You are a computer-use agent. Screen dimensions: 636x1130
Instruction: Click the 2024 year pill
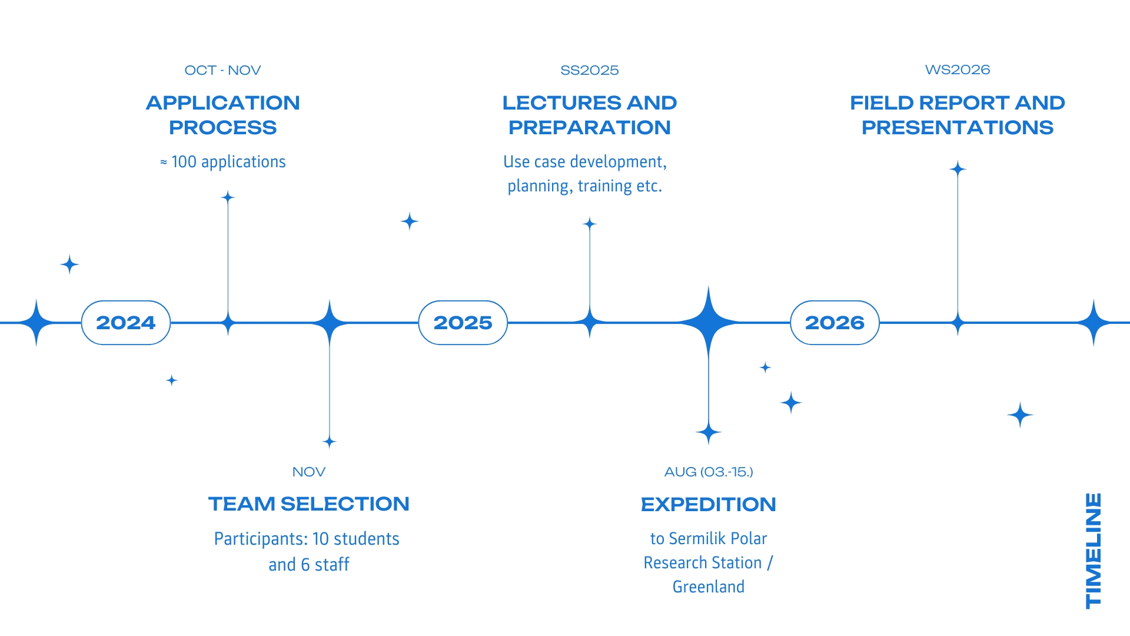(125, 323)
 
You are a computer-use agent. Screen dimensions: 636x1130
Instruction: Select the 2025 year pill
(463, 323)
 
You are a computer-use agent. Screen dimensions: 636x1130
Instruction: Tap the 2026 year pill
(835, 323)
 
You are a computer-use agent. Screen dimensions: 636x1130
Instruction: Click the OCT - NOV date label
(222, 70)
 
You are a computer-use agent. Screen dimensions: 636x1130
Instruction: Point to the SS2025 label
(589, 70)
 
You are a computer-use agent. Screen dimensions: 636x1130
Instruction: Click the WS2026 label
(958, 69)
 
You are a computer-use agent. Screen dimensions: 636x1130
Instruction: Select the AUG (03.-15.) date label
(709, 472)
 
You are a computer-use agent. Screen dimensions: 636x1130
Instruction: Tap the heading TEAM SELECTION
(308, 504)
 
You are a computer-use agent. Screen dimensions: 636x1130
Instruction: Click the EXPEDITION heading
(709, 505)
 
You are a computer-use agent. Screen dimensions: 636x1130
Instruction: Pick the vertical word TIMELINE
(1093, 550)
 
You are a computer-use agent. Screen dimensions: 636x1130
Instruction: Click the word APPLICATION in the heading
(222, 103)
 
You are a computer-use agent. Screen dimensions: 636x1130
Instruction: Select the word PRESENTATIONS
(958, 128)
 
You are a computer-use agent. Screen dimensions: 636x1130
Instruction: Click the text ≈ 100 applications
(222, 162)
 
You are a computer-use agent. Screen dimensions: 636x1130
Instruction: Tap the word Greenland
(709, 587)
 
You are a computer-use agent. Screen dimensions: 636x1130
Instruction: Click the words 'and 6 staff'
(308, 565)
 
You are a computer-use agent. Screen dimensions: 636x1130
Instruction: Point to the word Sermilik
(697, 539)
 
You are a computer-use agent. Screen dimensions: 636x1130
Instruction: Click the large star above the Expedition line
(709, 322)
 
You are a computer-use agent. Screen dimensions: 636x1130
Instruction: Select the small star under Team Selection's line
(330, 442)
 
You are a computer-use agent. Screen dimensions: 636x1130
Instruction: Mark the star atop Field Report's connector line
(958, 170)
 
